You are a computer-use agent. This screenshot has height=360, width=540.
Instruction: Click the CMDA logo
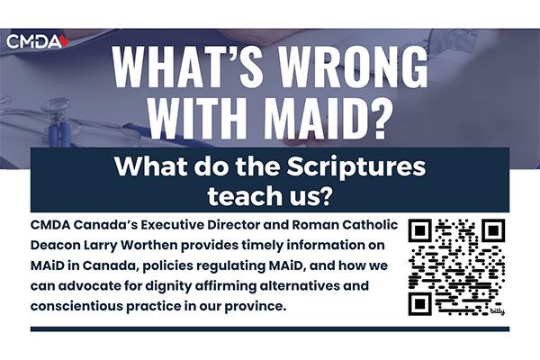click(x=38, y=41)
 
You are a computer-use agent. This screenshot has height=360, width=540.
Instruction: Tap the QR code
click(x=456, y=267)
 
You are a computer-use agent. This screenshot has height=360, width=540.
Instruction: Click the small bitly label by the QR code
click(x=498, y=311)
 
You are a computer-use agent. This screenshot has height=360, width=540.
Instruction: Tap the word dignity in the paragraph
click(x=167, y=286)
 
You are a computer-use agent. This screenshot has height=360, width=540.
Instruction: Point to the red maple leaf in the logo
click(x=65, y=41)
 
